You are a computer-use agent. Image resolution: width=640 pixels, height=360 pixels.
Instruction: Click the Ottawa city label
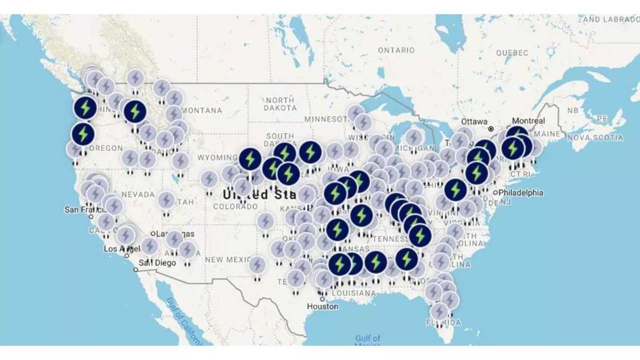474,121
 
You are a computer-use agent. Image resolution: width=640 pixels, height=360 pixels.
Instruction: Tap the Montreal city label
528,121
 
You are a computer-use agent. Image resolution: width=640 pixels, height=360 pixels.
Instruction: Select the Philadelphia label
520,193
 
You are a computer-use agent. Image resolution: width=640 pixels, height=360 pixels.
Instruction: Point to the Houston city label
322,306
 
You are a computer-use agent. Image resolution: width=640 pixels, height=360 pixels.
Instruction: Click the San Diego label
157,263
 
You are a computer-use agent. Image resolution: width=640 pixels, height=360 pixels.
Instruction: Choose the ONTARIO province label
396,50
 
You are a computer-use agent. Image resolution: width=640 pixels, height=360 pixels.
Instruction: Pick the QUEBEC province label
512,53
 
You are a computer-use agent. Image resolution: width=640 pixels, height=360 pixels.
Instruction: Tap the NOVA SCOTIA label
595,138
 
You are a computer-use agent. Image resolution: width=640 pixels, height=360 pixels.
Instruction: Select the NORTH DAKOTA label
280,104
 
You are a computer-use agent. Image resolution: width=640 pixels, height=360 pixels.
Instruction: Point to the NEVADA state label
138,195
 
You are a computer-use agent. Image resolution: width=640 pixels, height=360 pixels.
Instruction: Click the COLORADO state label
235,207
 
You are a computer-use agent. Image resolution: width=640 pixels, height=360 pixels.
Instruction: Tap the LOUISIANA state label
353,293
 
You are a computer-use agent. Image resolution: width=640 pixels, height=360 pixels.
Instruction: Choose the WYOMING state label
217,158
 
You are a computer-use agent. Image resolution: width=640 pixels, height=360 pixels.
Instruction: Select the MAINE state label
547,133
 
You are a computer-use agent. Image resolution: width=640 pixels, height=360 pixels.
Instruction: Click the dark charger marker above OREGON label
83,134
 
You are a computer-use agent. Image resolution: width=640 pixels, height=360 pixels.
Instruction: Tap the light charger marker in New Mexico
257,265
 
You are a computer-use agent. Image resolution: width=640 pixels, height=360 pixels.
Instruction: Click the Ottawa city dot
491,128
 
